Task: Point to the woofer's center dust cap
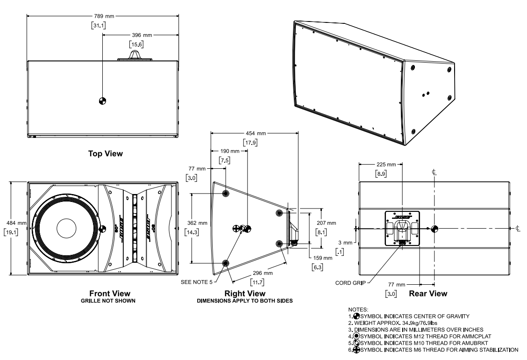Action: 69,229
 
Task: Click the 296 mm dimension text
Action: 262,273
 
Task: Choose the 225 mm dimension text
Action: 386,164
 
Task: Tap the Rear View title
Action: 428,294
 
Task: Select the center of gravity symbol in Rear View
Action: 434,229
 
